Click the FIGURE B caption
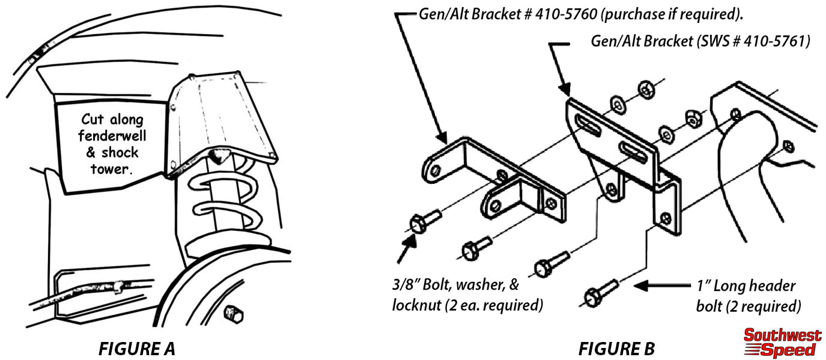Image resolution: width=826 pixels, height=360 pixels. [x=616, y=348]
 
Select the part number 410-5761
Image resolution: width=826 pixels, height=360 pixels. [x=775, y=42]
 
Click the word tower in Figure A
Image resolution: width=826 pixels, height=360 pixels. [x=110, y=169]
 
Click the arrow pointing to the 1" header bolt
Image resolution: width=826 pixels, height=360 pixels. [x=658, y=287]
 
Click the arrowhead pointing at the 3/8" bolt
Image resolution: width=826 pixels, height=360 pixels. [x=413, y=240]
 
